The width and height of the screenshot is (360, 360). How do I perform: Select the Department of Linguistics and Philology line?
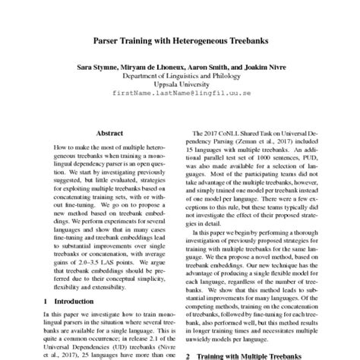(179, 76)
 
